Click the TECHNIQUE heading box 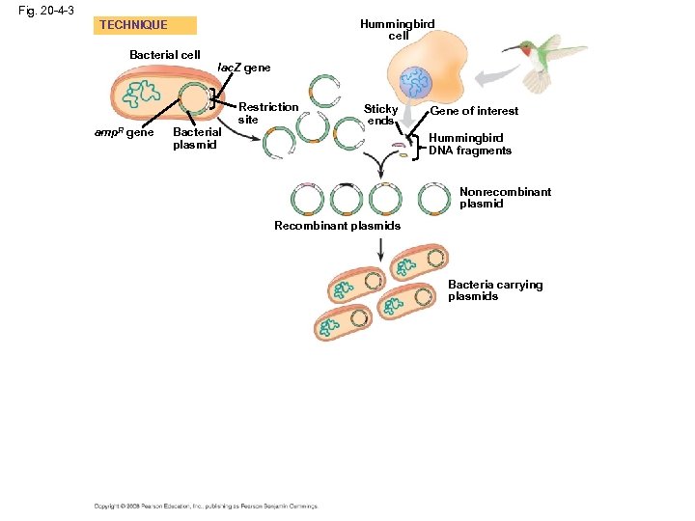(145, 25)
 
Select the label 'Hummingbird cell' (398, 29)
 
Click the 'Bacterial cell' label (165, 55)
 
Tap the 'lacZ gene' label (244, 69)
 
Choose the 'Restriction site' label (267, 113)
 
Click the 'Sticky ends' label (380, 115)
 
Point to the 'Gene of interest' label (474, 111)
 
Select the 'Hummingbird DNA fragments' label (470, 145)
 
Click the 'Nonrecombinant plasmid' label (505, 198)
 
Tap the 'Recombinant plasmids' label (337, 226)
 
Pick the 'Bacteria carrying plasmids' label (495, 290)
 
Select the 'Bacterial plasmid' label (196, 138)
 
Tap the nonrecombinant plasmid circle (434, 200)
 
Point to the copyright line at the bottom (206, 505)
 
